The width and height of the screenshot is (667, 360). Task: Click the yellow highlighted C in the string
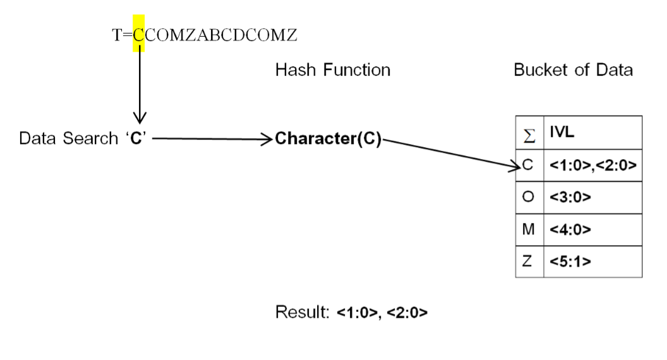tap(139, 37)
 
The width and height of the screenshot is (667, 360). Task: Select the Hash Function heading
tap(332, 70)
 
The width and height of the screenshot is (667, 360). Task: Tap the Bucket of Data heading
tap(573, 70)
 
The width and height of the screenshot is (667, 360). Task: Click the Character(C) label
tap(328, 140)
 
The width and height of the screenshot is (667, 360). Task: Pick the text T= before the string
tap(122, 37)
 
